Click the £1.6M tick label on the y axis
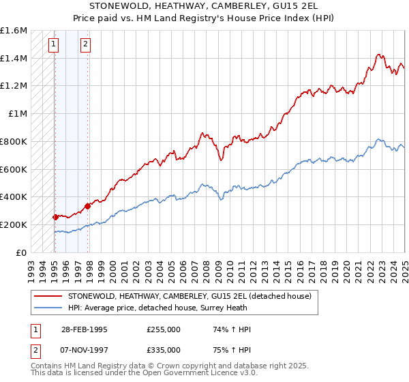(x=14, y=31)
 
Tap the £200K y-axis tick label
(x=14, y=224)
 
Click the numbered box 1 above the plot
(x=53, y=46)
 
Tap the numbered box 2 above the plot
(x=85, y=46)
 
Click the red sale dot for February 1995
(x=55, y=217)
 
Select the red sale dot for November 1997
(x=87, y=206)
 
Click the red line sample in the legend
(x=48, y=296)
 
